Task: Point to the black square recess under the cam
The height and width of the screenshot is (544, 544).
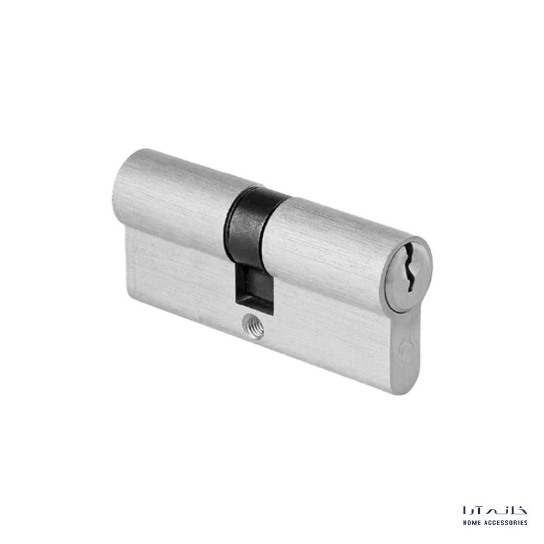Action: pyautogui.click(x=255, y=290)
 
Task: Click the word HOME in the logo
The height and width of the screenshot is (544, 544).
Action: pyautogui.click(x=472, y=522)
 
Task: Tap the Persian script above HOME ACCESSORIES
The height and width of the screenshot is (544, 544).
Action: pyautogui.click(x=495, y=510)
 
